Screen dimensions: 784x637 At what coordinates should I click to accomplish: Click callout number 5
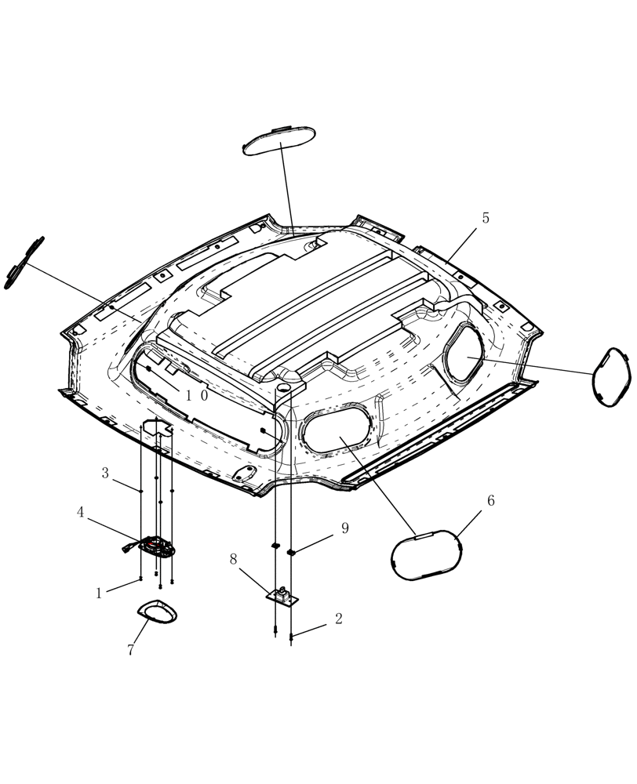pyautogui.click(x=486, y=219)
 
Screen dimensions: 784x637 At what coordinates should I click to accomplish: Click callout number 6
pyautogui.click(x=491, y=501)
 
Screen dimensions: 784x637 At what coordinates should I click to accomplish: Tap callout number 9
pyautogui.click(x=344, y=528)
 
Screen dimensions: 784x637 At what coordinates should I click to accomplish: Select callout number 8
pyautogui.click(x=233, y=559)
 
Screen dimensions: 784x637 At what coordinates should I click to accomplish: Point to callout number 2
pyautogui.click(x=338, y=619)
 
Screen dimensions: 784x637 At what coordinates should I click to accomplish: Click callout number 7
pyautogui.click(x=131, y=651)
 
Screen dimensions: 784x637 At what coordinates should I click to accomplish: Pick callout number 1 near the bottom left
pyautogui.click(x=99, y=593)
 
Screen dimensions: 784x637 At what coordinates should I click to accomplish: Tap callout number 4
pyautogui.click(x=80, y=512)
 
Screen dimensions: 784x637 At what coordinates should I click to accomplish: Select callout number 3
pyautogui.click(x=105, y=473)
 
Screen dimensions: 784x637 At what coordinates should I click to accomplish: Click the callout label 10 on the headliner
pyautogui.click(x=196, y=440)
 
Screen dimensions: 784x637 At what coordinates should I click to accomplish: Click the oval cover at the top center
pyautogui.click(x=279, y=140)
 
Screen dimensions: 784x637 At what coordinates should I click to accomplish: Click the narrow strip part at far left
pyautogui.click(x=24, y=263)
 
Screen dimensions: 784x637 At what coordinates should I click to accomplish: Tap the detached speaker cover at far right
pyautogui.click(x=611, y=400)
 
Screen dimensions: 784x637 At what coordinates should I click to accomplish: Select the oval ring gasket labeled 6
pyautogui.click(x=426, y=556)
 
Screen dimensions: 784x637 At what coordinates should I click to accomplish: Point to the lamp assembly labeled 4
pyautogui.click(x=158, y=547)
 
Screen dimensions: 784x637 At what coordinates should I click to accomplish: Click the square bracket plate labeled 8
pyautogui.click(x=282, y=597)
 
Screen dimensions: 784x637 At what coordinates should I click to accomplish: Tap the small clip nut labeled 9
pyautogui.click(x=291, y=553)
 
